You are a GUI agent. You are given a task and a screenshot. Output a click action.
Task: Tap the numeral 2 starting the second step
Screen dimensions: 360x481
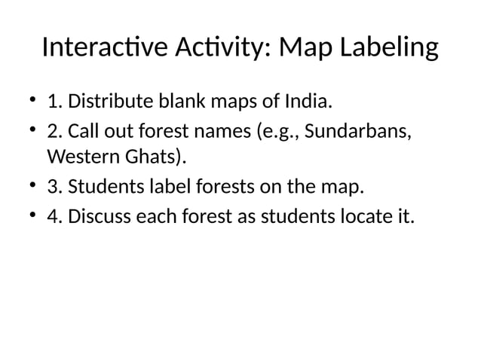(x=53, y=133)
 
